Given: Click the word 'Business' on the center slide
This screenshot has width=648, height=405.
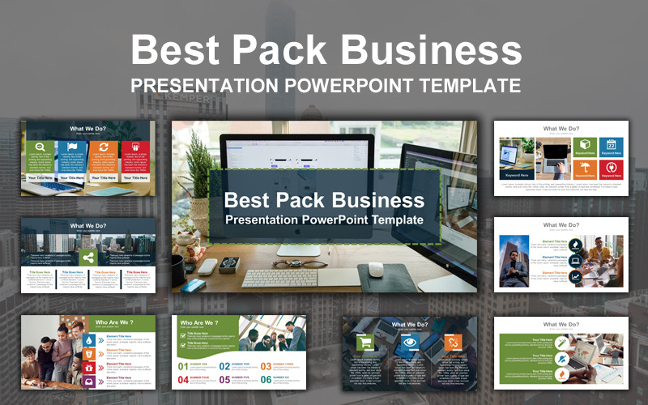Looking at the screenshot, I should click(x=381, y=199).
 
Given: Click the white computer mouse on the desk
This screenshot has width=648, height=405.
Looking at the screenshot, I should click(x=375, y=269).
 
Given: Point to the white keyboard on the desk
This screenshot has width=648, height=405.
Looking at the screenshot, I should click(x=288, y=277).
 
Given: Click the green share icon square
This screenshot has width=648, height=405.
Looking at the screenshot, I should click(x=87, y=258).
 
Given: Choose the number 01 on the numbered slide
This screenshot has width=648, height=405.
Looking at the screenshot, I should click(x=185, y=366).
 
